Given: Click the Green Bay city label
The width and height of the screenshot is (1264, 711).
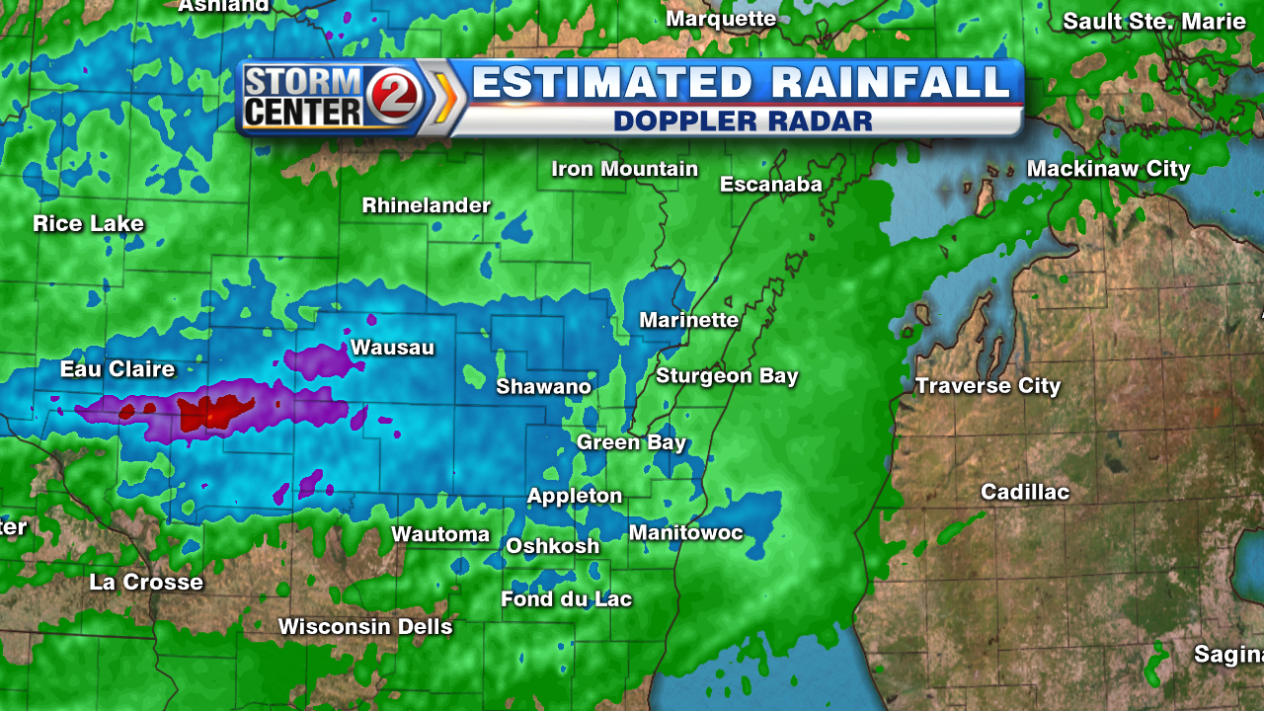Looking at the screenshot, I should [x=631, y=442].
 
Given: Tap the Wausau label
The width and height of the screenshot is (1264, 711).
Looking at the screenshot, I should [x=392, y=348].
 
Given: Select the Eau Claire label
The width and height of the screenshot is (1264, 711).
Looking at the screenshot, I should [x=118, y=369].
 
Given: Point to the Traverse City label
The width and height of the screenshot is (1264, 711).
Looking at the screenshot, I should [x=987, y=386].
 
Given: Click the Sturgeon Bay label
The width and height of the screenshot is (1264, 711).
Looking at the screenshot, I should [x=727, y=376].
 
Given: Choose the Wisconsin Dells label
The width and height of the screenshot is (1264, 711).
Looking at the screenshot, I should [x=365, y=627].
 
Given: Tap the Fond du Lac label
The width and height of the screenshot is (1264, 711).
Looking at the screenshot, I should [x=566, y=599].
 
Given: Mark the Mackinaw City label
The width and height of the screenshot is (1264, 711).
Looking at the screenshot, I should [x=1108, y=169].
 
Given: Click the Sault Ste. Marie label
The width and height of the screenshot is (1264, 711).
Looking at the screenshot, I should [x=1153, y=22].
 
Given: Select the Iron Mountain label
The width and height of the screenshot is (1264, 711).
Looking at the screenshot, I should [x=624, y=169].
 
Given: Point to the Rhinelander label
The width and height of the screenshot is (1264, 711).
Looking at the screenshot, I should [x=426, y=205].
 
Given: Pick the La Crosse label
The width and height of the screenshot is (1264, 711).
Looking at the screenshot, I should [x=146, y=582].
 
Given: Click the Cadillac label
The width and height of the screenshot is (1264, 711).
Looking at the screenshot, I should [x=1024, y=492].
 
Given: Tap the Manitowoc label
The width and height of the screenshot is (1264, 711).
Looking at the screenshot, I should [x=685, y=533].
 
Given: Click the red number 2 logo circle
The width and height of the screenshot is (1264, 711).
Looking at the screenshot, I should [x=395, y=96].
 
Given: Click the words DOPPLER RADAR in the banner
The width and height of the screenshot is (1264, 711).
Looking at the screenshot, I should [x=743, y=120].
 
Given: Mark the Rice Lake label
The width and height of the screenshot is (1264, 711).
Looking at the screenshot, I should [x=88, y=223].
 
